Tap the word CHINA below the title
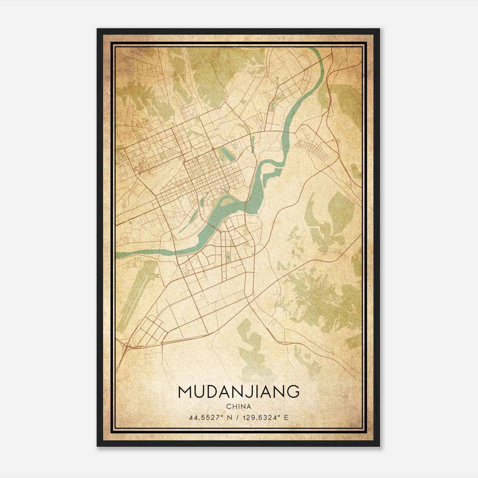[x=238, y=407]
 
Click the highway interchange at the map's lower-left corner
[x=127, y=347]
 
